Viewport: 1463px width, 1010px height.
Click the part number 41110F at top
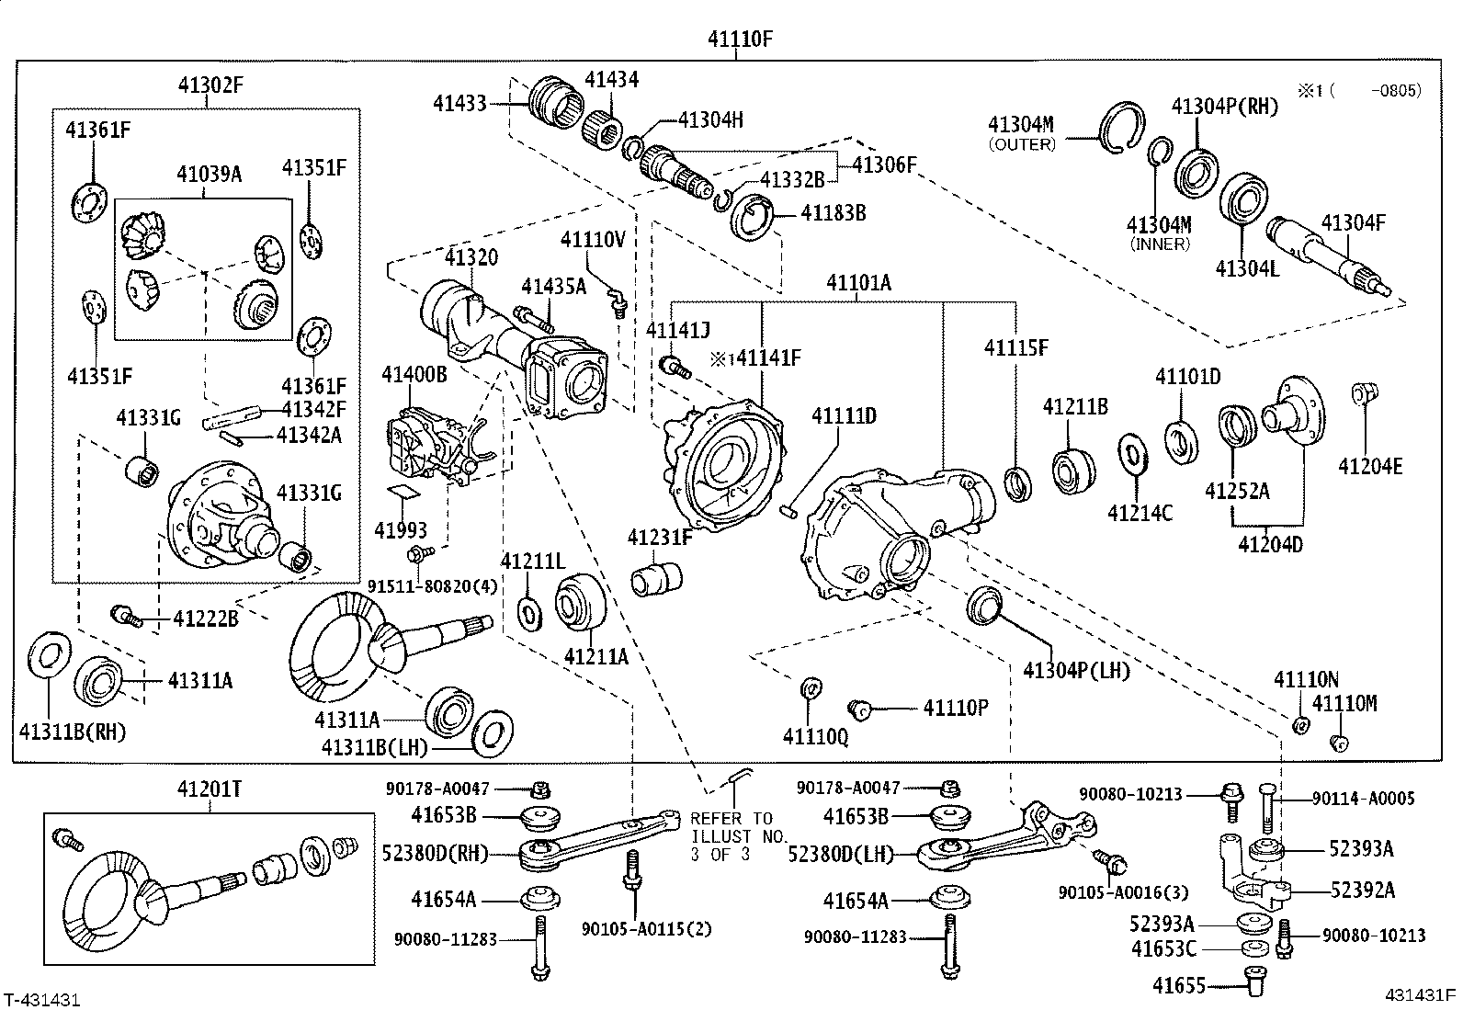tap(740, 39)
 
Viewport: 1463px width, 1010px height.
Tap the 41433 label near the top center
tap(460, 104)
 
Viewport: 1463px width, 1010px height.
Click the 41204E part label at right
tap(1369, 466)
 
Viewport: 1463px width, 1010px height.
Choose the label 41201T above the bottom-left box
tap(209, 789)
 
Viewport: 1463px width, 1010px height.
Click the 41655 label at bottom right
tap(1178, 986)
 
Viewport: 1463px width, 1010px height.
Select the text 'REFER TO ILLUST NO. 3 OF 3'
tap(731, 836)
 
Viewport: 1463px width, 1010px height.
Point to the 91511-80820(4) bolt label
tap(432, 586)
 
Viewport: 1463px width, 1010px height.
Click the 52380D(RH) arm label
tap(435, 853)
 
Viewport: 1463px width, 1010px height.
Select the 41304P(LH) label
tap(1075, 670)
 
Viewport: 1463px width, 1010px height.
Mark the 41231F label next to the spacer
tap(660, 537)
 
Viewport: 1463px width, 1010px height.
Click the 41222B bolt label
tap(206, 618)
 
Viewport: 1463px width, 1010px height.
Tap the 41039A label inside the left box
tap(209, 173)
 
